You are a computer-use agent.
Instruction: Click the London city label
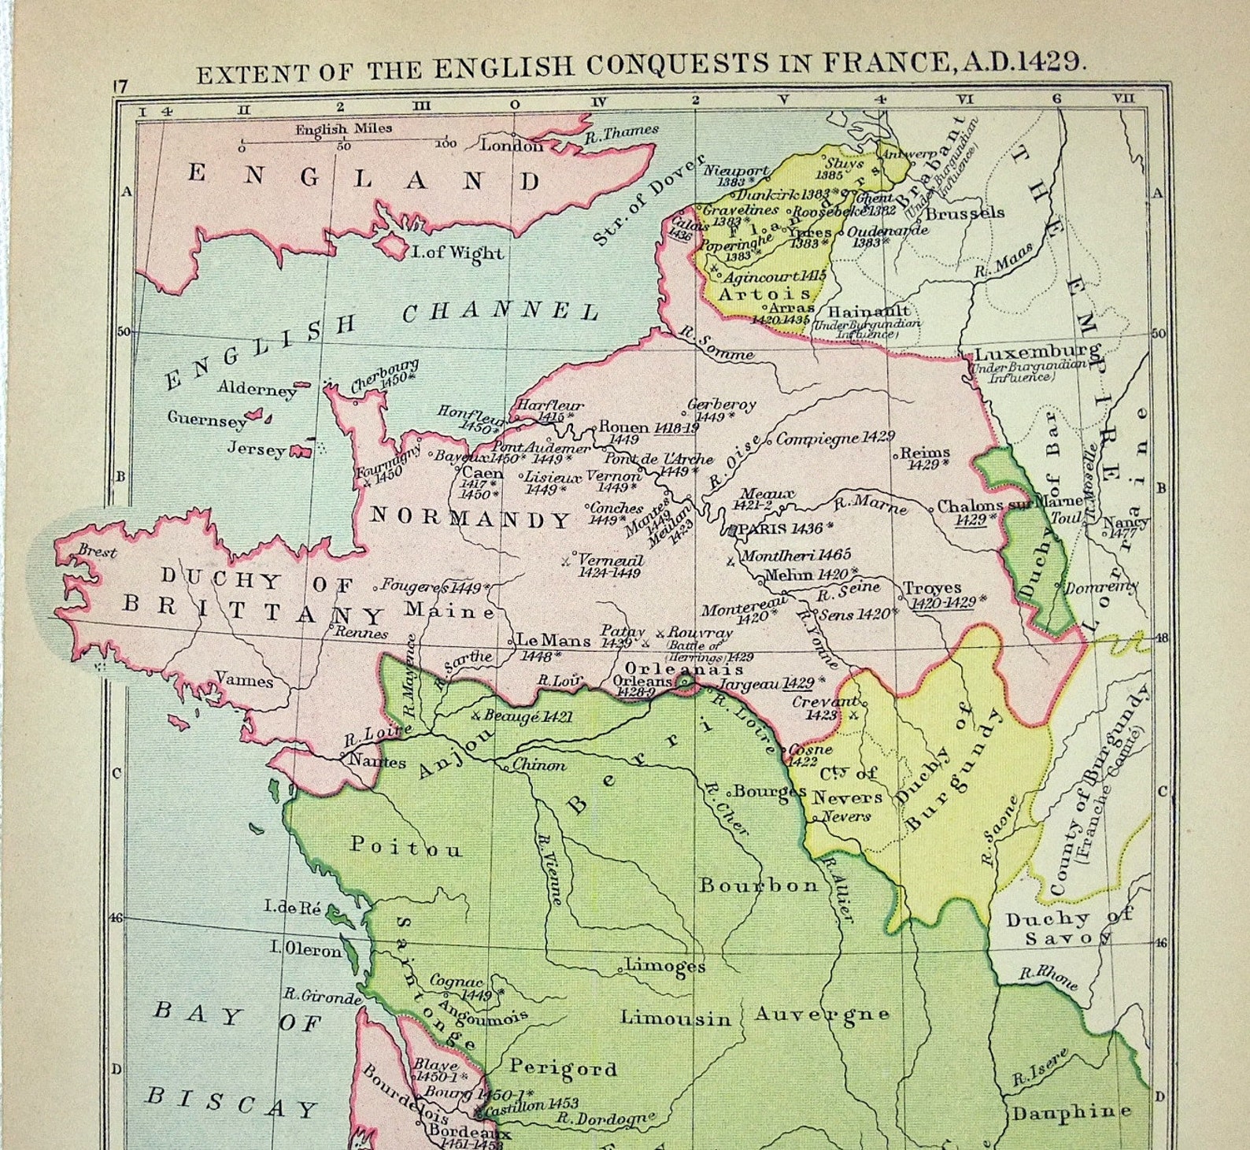pyautogui.click(x=511, y=146)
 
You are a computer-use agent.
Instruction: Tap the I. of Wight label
pyautogui.click(x=457, y=253)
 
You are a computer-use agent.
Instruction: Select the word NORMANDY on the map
pyautogui.click(x=471, y=519)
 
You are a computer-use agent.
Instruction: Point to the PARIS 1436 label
pyautogui.click(x=779, y=528)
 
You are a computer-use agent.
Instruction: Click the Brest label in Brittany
pyautogui.click(x=97, y=552)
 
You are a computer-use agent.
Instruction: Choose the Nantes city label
pyautogui.click(x=377, y=761)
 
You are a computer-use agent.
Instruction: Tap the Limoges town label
pyautogui.click(x=665, y=965)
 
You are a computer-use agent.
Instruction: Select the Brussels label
pyautogui.click(x=965, y=213)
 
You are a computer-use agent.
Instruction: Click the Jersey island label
pyautogui.click(x=256, y=449)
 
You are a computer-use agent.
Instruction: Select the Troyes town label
pyautogui.click(x=932, y=588)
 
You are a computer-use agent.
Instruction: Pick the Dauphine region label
pyautogui.click(x=1071, y=1112)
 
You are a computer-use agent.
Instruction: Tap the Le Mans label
pyautogui.click(x=553, y=641)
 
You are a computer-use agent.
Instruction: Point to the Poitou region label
pyautogui.click(x=406, y=847)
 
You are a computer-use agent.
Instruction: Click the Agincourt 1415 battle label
pyautogui.click(x=774, y=276)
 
